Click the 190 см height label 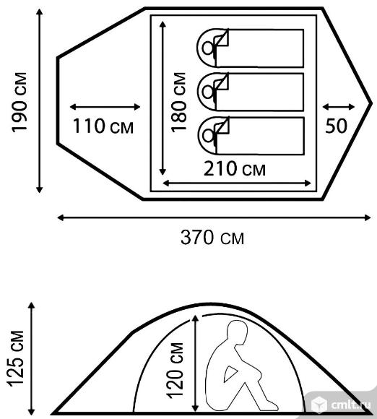click(19, 103)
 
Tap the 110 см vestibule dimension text click(103, 126)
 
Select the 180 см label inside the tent click(178, 102)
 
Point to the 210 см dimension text click(235, 168)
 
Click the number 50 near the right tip click(336, 126)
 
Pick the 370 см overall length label click(212, 237)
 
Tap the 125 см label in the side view click(16, 358)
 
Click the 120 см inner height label click(175, 371)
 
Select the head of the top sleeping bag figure click(208, 48)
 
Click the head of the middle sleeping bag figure click(208, 92)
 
